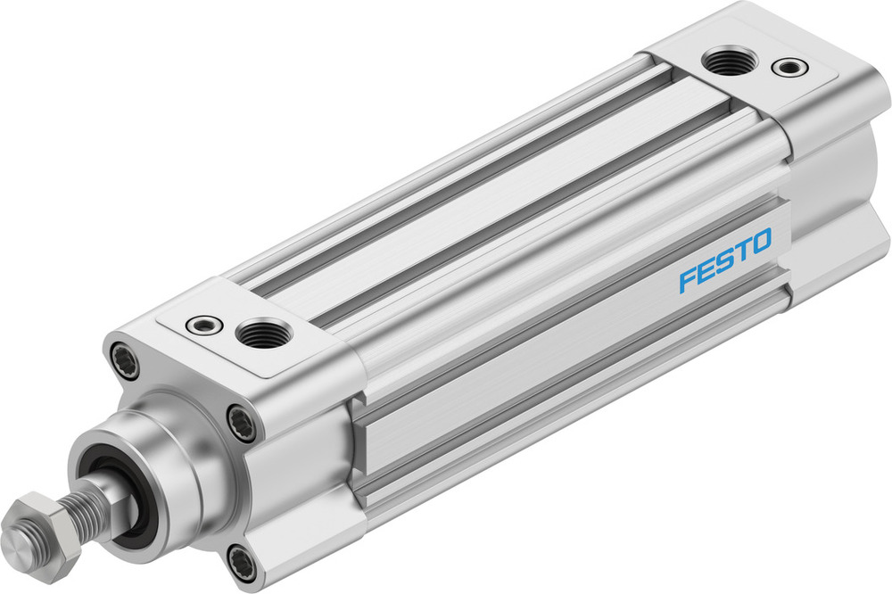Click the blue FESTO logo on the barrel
point(724,260)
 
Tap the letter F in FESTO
point(688,279)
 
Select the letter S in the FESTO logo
point(723,260)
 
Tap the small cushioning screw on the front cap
point(204,325)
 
